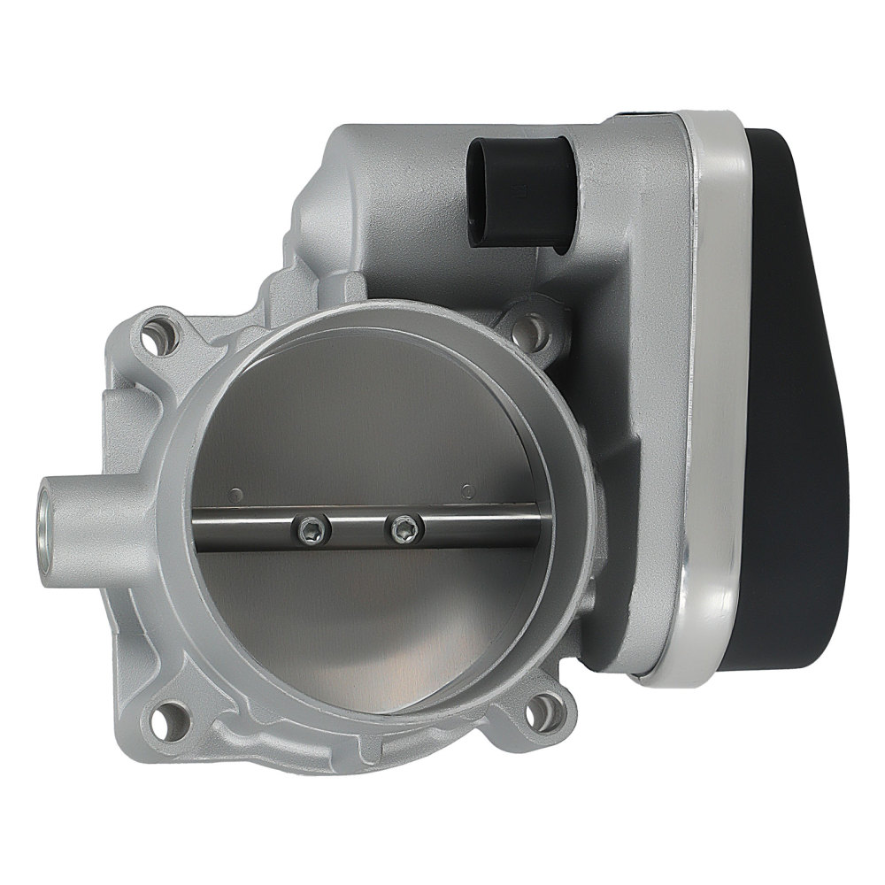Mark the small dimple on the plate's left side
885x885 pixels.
click(x=235, y=492)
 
